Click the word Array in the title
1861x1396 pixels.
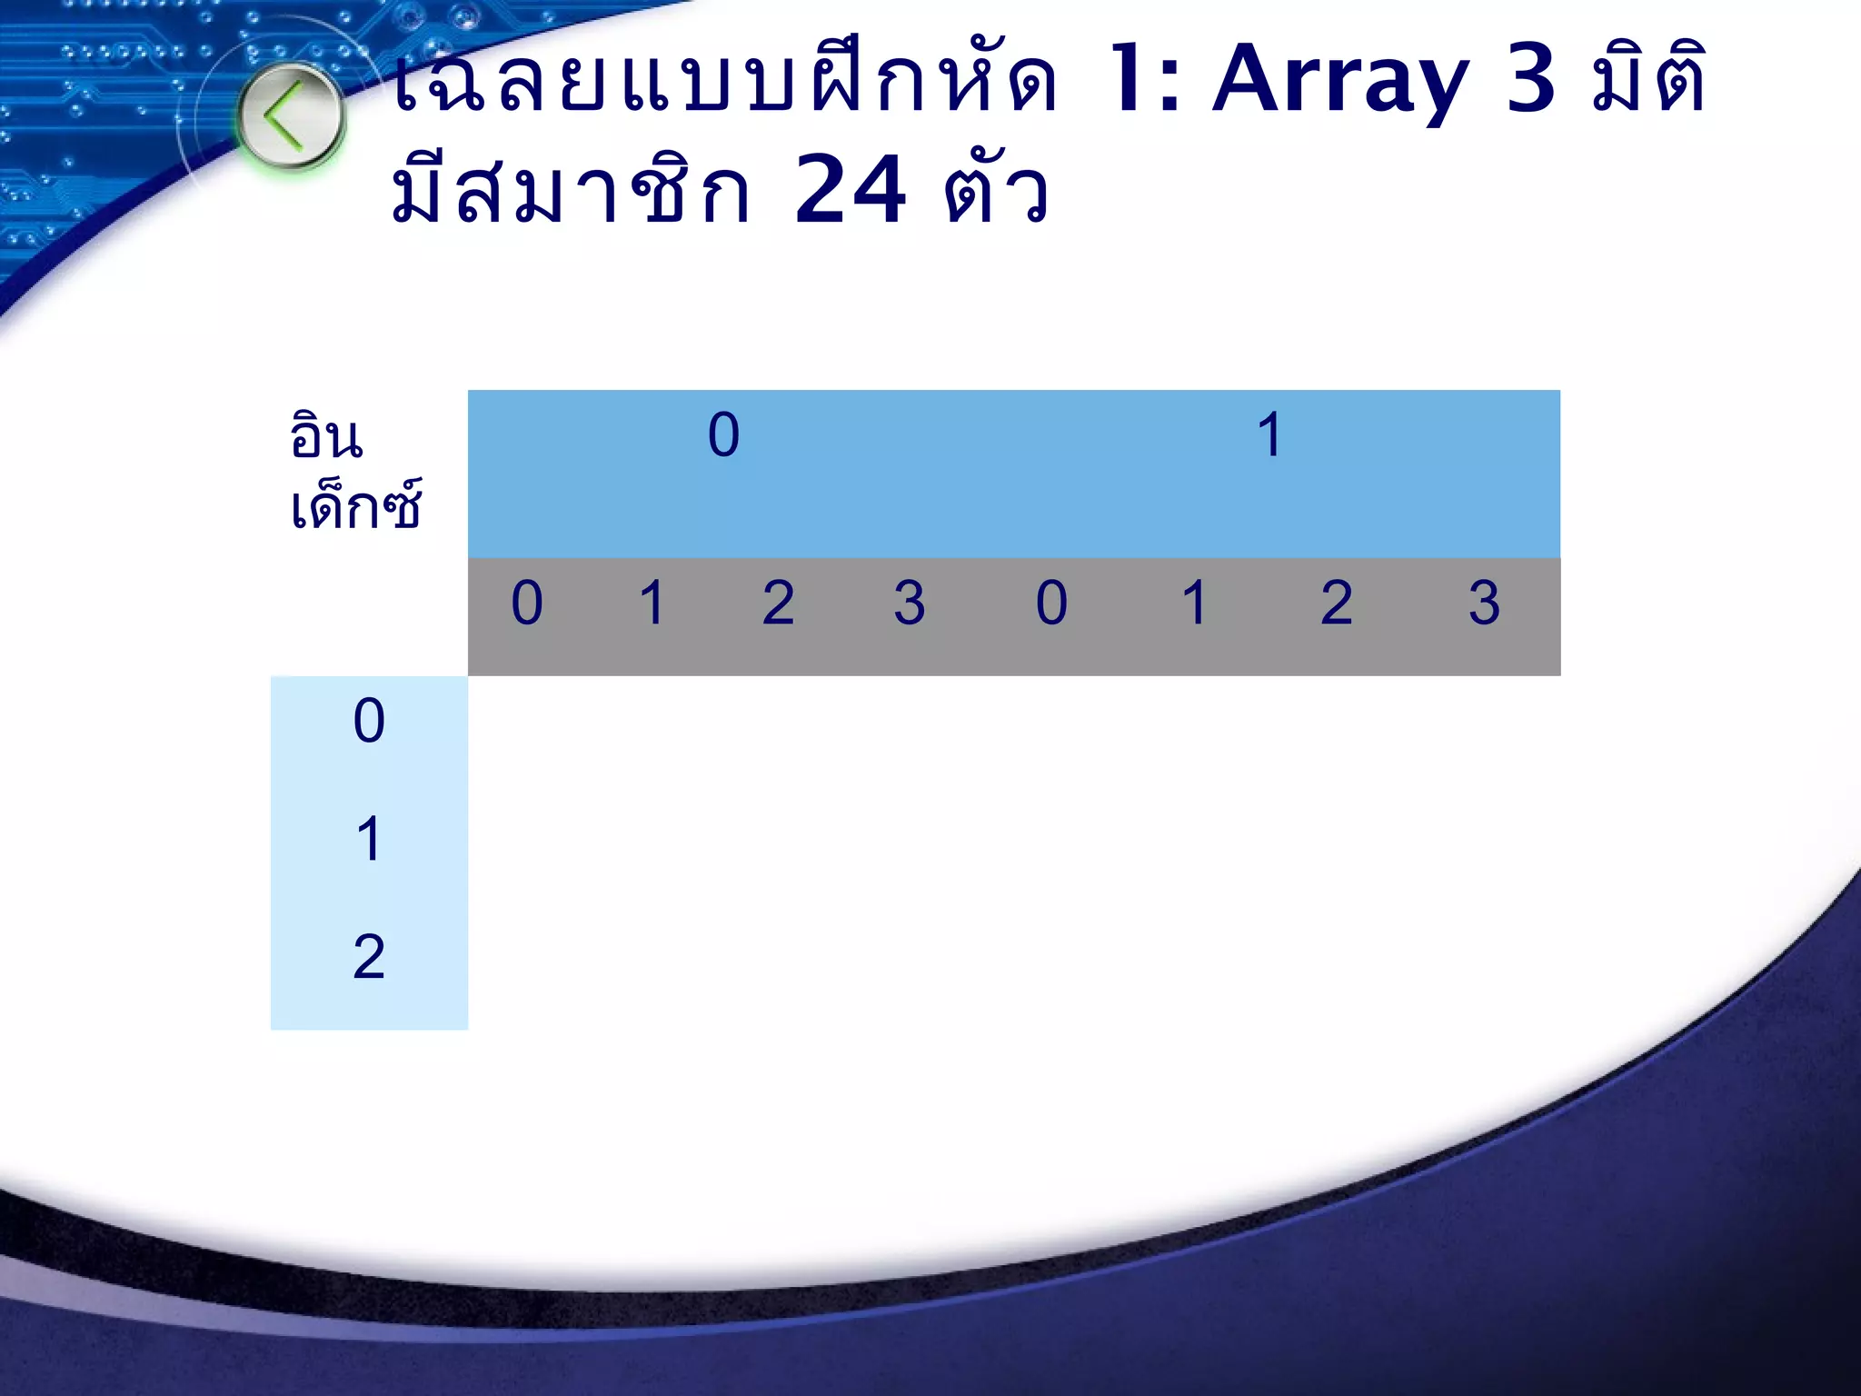point(1340,81)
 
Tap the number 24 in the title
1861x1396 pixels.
point(850,190)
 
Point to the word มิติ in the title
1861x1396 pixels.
point(1648,81)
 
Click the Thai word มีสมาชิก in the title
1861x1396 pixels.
point(572,190)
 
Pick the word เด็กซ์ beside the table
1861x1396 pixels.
point(355,505)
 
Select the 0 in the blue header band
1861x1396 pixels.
point(723,434)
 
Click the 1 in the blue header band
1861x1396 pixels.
point(1269,434)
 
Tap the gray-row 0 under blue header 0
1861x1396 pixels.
point(527,603)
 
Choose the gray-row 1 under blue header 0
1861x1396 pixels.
point(652,603)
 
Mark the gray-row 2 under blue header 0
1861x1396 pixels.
point(778,603)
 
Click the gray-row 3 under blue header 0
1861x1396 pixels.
point(909,603)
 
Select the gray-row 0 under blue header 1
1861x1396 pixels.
point(1051,603)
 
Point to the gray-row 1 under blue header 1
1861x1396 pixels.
point(1194,603)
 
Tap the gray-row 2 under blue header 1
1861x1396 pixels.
point(1336,603)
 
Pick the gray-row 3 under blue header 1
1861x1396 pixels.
point(1484,603)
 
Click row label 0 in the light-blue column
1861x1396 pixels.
point(369,722)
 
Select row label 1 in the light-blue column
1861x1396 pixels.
point(368,839)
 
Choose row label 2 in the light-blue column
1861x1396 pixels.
point(369,957)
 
